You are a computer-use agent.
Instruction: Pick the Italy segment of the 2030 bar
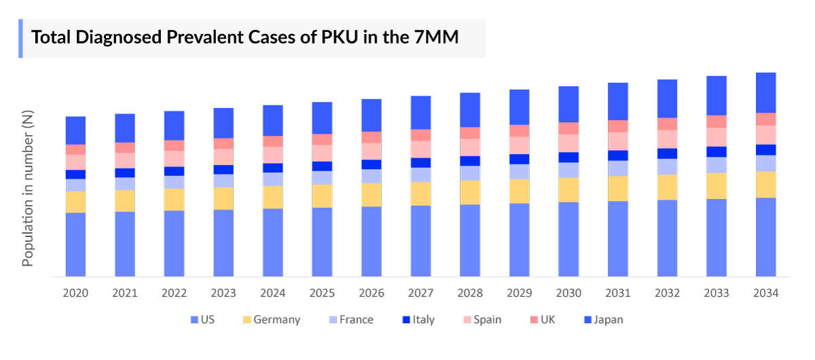(x=568, y=157)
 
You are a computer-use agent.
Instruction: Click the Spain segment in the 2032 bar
(x=667, y=139)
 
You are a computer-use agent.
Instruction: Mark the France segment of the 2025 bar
(x=322, y=177)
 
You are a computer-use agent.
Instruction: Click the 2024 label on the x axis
(x=272, y=293)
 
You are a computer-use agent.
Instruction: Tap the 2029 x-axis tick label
(x=519, y=293)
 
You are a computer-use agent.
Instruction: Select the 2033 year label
(x=717, y=293)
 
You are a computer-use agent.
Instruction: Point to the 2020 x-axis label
(x=75, y=293)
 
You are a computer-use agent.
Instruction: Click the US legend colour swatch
(x=195, y=320)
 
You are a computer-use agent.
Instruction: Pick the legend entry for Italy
(x=423, y=320)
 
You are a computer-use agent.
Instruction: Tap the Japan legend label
(x=608, y=320)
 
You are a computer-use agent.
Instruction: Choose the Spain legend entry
(x=488, y=320)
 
